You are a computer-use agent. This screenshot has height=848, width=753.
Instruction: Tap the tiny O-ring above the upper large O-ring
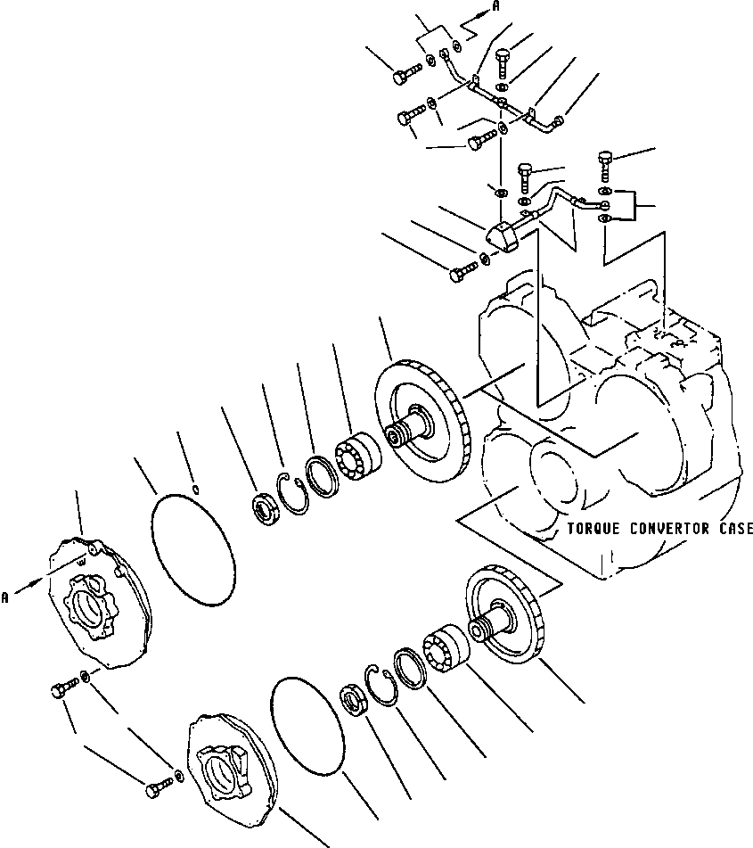197,488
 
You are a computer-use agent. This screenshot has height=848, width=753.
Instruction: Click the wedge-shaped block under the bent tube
505,236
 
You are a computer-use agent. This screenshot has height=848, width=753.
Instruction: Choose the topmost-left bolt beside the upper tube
404,75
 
